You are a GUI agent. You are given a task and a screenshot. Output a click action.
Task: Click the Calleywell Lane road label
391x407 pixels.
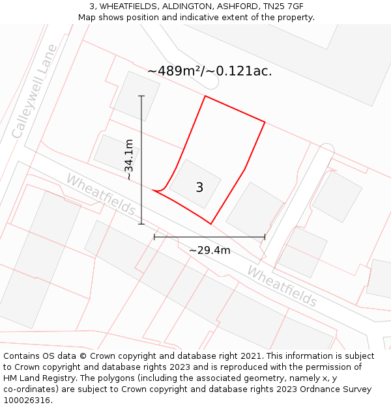tap(35, 91)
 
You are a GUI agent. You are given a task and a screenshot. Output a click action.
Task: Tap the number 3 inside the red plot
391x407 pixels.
tap(199, 188)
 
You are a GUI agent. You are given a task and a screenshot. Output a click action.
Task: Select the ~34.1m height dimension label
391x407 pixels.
tap(130, 160)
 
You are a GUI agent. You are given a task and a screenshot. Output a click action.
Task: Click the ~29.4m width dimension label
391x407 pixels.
tap(210, 250)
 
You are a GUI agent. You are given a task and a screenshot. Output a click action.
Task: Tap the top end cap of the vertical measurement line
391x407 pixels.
tap(141, 96)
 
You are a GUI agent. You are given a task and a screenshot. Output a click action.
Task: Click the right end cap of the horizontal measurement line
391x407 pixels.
tap(265, 237)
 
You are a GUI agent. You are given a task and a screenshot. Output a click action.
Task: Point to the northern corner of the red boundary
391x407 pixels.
tap(205, 96)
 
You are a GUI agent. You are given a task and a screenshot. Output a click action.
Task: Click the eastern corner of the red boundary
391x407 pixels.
tap(265, 122)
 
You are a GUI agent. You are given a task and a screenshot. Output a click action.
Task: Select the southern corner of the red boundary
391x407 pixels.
tap(211, 224)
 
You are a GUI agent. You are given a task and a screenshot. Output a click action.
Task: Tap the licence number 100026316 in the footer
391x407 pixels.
tap(27, 400)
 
